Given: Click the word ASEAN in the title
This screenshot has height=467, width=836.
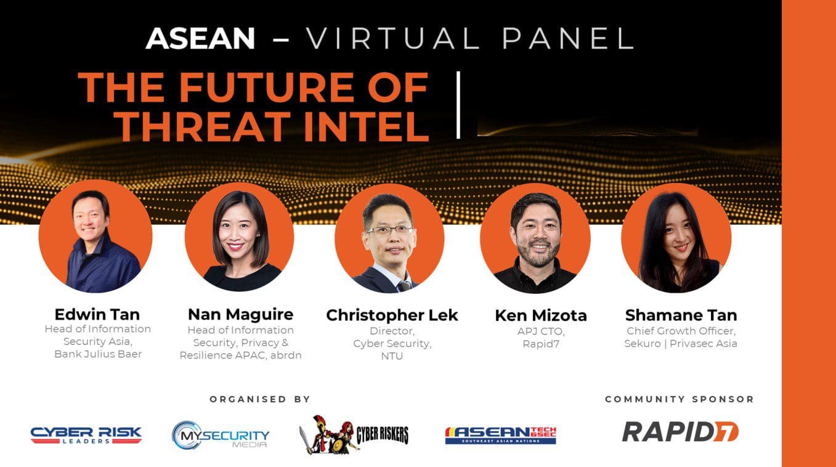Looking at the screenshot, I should pyautogui.click(x=200, y=39).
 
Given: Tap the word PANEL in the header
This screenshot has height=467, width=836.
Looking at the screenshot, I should pyautogui.click(x=567, y=39).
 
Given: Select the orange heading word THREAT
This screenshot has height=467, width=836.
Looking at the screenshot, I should pyautogui.click(x=203, y=126).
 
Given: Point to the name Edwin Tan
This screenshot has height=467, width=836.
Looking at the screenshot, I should pyautogui.click(x=97, y=314).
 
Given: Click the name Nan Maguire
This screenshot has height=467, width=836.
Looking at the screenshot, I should pyautogui.click(x=240, y=314).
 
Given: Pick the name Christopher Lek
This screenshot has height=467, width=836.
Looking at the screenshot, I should pyautogui.click(x=392, y=315).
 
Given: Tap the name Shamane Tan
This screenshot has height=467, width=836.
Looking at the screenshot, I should pyautogui.click(x=681, y=315).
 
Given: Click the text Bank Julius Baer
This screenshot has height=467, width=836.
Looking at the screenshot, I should pyautogui.click(x=98, y=354).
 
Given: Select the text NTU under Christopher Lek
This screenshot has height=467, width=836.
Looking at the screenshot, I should pyautogui.click(x=392, y=356).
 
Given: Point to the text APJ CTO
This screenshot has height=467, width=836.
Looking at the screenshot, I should pyautogui.click(x=540, y=331).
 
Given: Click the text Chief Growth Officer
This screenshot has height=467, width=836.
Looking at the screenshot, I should pyautogui.click(x=681, y=331).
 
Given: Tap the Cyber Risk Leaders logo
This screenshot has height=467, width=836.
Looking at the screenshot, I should pyautogui.click(x=86, y=436).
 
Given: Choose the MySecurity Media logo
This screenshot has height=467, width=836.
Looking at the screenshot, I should pyautogui.click(x=221, y=435).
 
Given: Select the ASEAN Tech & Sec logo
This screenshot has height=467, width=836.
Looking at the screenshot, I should pyautogui.click(x=500, y=435).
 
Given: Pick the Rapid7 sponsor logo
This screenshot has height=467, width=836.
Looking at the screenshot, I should pyautogui.click(x=680, y=432).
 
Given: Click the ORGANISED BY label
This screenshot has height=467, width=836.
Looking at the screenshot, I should pyautogui.click(x=260, y=399).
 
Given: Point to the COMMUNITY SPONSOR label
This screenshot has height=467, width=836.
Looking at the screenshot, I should pyautogui.click(x=680, y=399).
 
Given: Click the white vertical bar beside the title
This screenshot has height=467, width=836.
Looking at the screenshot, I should pyautogui.click(x=458, y=105).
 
